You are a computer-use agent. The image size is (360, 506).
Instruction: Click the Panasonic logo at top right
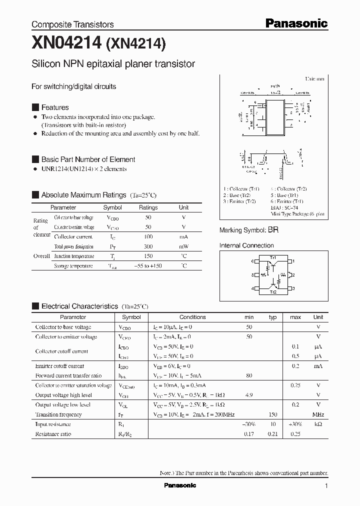[x=296, y=23]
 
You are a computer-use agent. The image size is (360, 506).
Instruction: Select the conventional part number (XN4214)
[x=135, y=44]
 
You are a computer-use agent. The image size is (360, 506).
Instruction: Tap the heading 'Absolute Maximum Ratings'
[x=83, y=195]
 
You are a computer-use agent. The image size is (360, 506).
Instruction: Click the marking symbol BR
[x=273, y=230]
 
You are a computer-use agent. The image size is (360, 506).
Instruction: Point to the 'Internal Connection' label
[x=246, y=245]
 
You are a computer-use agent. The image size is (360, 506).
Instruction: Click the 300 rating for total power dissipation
[x=148, y=246]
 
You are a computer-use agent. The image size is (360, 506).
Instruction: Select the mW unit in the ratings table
[x=183, y=246]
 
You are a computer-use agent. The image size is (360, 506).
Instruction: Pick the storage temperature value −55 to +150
[x=148, y=266]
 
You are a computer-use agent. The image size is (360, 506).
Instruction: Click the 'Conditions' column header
[x=192, y=317]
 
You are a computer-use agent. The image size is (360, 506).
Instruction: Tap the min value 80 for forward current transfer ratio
[x=249, y=375]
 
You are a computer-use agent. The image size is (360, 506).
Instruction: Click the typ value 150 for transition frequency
[x=272, y=414]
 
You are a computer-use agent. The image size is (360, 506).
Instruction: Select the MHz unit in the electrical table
[x=318, y=414]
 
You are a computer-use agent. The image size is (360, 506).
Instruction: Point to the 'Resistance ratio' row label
[x=53, y=434]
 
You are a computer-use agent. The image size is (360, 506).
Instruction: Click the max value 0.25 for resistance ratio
[x=295, y=434]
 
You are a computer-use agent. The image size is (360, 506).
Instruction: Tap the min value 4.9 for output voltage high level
[x=249, y=395]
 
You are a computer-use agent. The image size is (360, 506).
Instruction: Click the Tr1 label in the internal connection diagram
[x=273, y=257]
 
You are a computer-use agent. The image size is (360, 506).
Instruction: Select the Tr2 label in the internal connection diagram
[x=273, y=291]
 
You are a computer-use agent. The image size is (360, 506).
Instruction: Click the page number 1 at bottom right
[x=326, y=485]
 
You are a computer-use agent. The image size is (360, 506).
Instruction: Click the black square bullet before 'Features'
[x=35, y=107]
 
